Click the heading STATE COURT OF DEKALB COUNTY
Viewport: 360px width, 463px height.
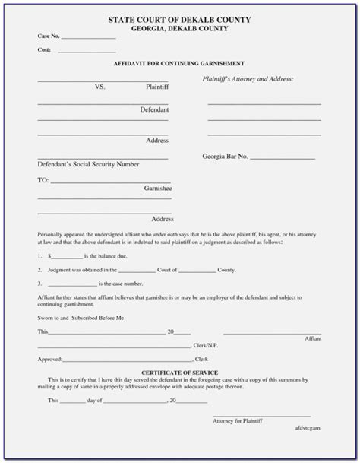point(179,18)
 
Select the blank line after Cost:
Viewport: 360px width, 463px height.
point(87,52)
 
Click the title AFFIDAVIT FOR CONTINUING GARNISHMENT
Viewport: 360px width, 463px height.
point(179,63)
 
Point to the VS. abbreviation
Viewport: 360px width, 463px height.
point(99,87)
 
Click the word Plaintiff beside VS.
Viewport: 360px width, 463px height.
point(157,87)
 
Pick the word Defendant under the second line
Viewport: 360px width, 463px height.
point(154,110)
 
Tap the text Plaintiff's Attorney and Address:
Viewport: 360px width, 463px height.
point(248,79)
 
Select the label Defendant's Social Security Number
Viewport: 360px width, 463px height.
point(88,164)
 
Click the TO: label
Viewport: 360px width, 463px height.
point(43,180)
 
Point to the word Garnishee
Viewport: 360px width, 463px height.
point(156,187)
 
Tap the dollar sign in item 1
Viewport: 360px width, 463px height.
point(49,258)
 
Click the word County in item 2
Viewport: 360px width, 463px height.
point(226,270)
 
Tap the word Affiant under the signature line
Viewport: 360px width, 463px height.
point(313,338)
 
